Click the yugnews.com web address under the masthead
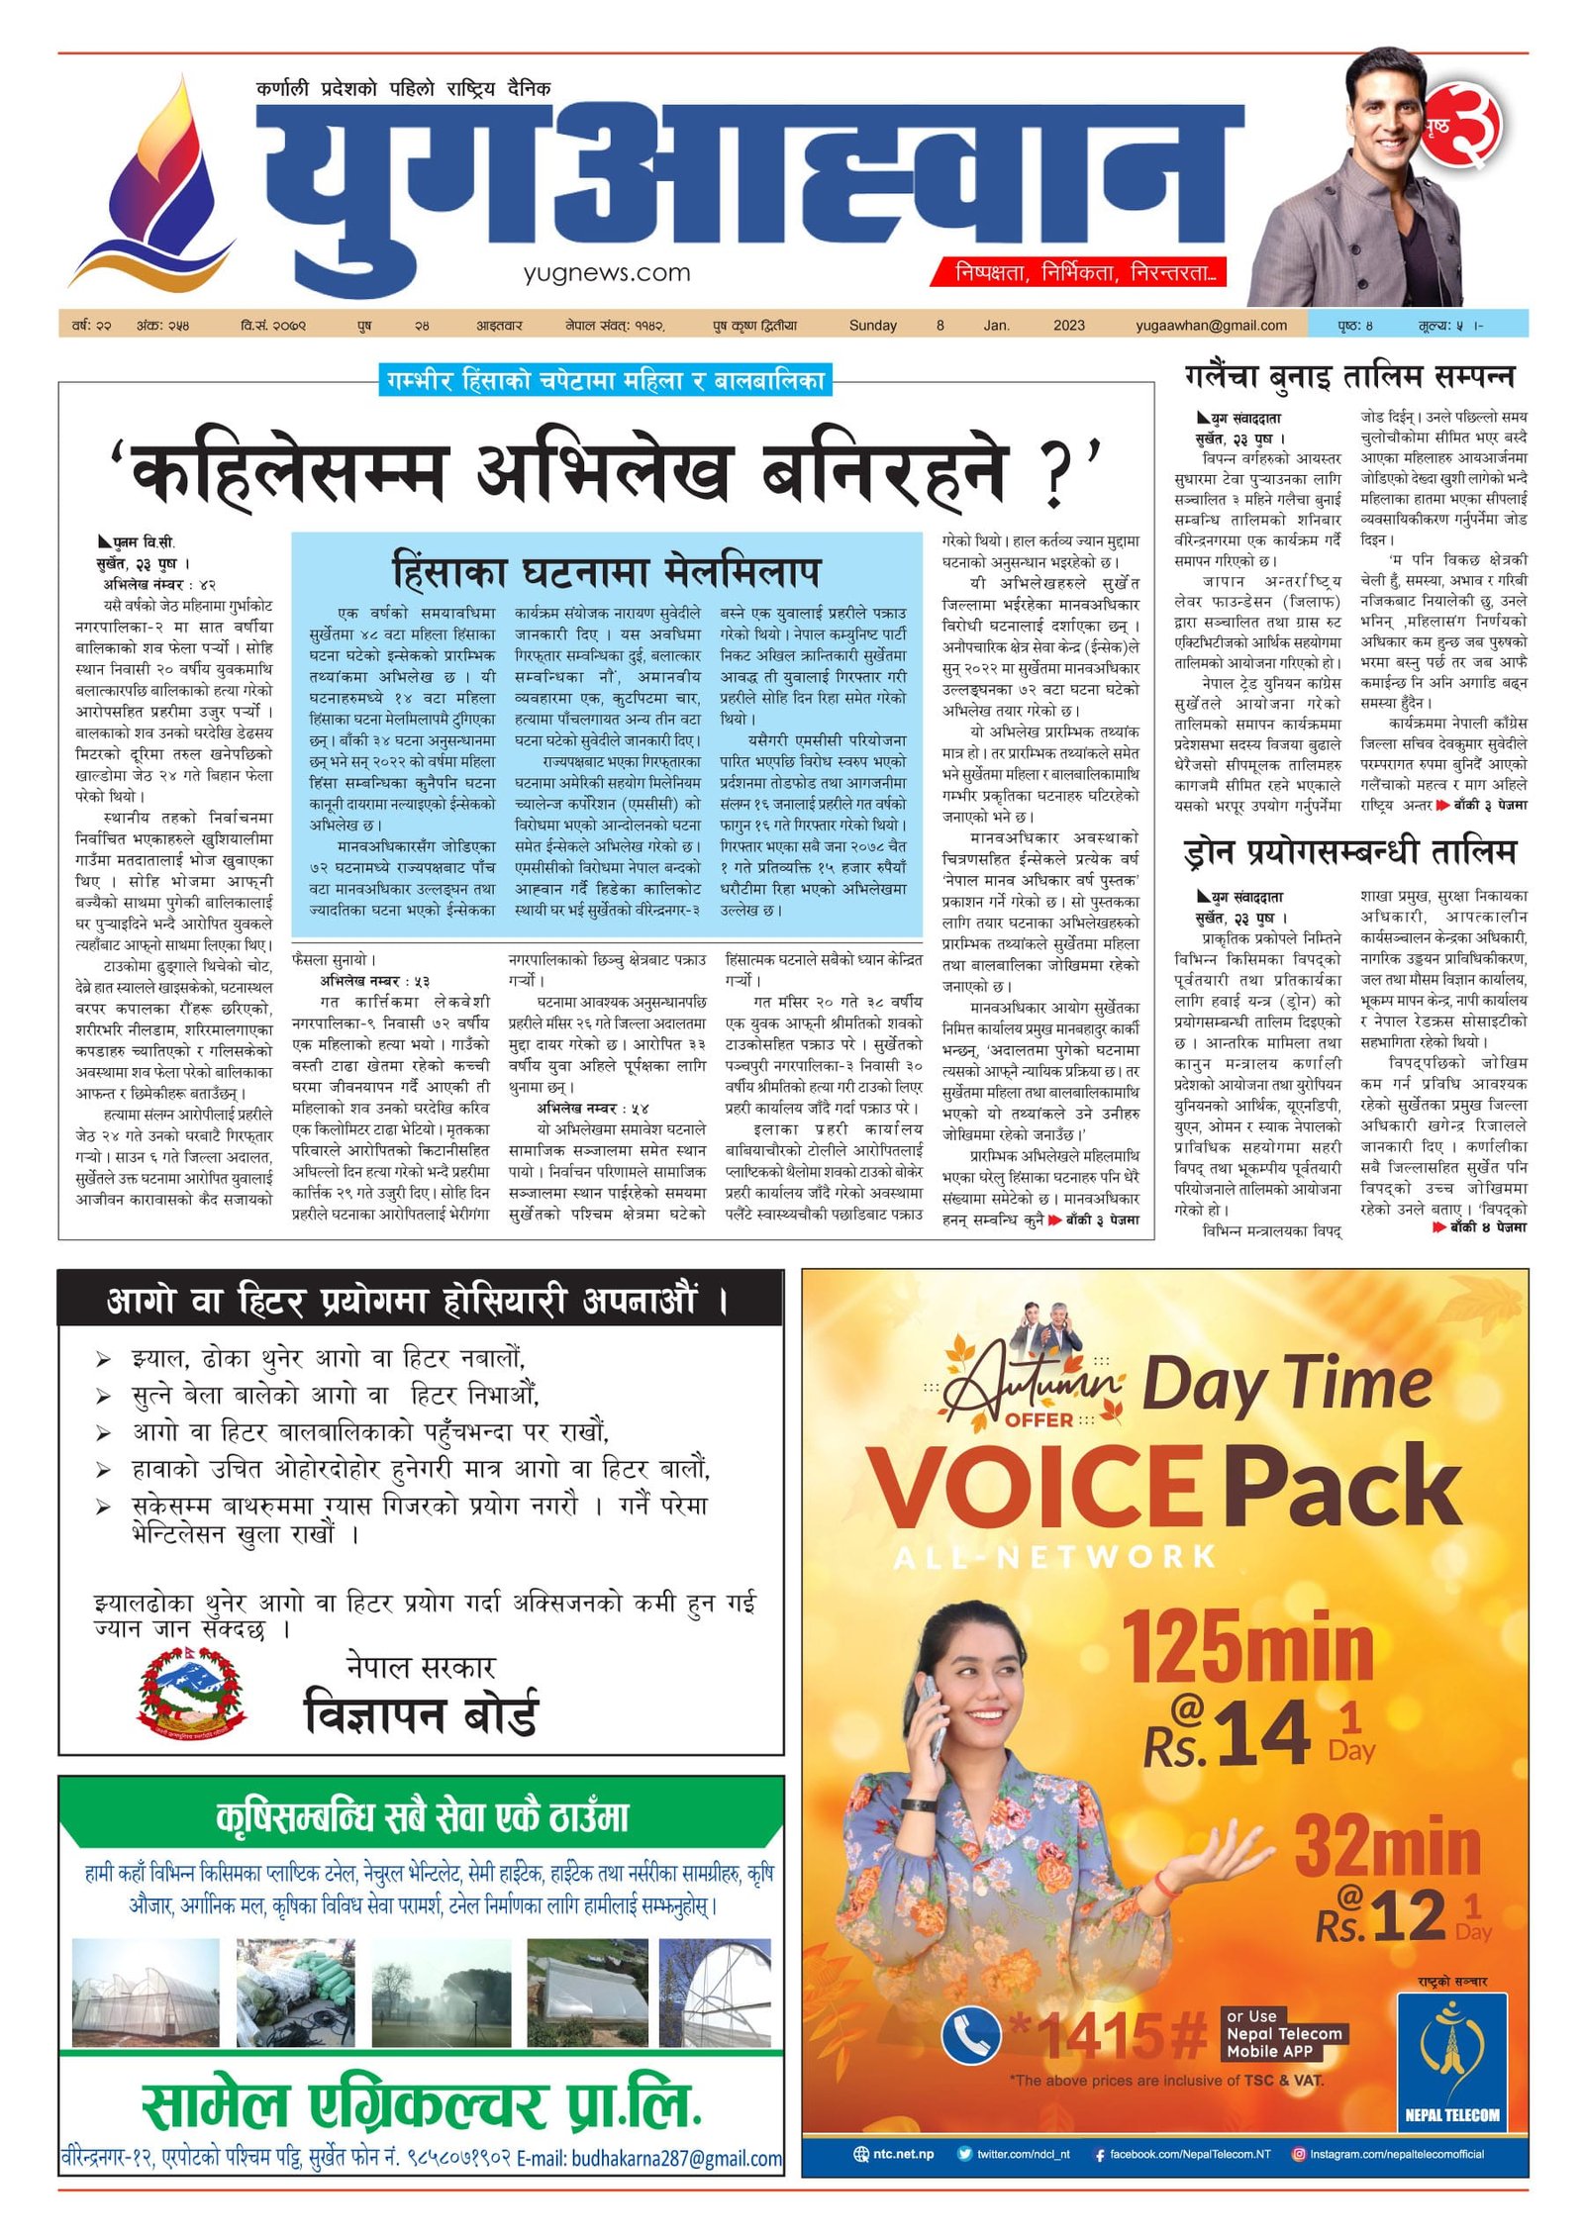(x=607, y=272)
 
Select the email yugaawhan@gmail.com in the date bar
(x=1211, y=325)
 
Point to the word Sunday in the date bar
(x=872, y=325)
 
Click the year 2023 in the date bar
(x=1068, y=325)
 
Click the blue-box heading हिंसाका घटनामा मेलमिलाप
(x=606, y=571)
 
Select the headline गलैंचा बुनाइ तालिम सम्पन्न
(x=1348, y=376)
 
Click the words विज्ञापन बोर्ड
(x=421, y=1712)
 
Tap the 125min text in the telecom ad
(x=1246, y=1646)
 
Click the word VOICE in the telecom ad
(x=1036, y=1488)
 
